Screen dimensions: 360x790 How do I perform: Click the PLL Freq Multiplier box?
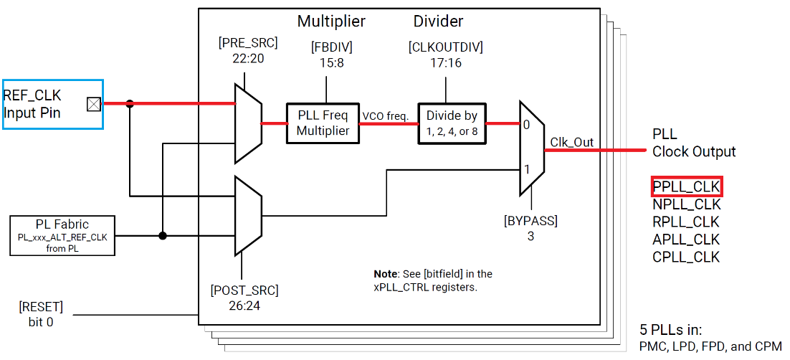tap(322, 123)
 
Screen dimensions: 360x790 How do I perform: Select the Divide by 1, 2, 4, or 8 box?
tap(452, 123)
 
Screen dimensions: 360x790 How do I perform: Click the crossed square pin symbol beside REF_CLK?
tap(93, 104)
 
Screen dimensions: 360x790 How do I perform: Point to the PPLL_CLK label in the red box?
tap(686, 187)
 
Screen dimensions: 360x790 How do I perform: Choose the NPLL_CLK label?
tap(686, 205)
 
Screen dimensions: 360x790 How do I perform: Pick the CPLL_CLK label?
tap(686, 257)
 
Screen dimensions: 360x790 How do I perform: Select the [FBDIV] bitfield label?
tap(331, 48)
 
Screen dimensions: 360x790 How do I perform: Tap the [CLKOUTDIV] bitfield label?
tap(445, 48)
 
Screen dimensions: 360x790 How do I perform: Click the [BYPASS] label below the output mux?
tap(530, 219)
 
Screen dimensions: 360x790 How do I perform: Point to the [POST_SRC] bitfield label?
tap(244, 290)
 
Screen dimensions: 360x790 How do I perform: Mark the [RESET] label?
tap(41, 308)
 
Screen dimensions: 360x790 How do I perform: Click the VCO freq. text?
tap(386, 116)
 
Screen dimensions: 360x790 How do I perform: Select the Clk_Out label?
tap(571, 142)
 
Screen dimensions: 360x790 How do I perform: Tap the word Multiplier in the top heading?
tap(331, 22)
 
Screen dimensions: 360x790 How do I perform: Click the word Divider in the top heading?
tap(438, 22)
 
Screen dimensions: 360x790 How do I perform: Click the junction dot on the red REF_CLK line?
tap(130, 104)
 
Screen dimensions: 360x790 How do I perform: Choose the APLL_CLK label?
tap(686, 240)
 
